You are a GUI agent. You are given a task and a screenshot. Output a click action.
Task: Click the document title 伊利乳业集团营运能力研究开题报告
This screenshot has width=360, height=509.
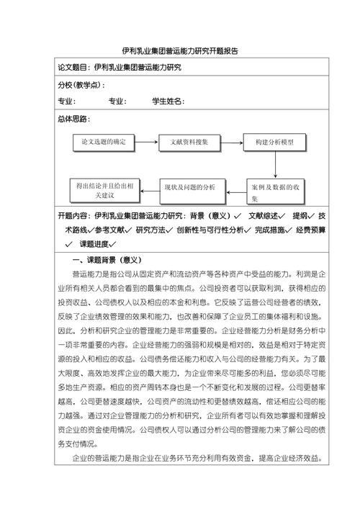click(x=180, y=51)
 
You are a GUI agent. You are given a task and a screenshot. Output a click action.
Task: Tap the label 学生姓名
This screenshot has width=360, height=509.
click(x=168, y=102)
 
